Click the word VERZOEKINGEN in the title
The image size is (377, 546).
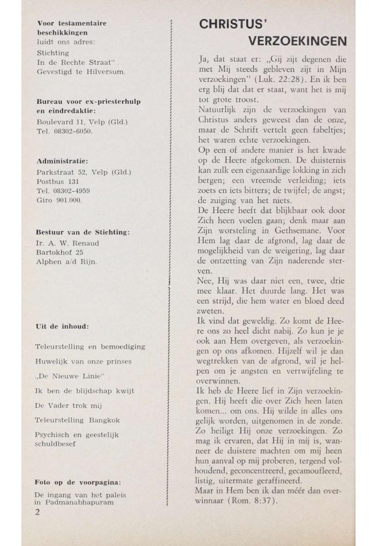297,41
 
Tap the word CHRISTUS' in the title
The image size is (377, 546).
233,24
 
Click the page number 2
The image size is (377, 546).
37,513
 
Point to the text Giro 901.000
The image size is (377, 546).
59,200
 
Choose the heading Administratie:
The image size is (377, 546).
62,162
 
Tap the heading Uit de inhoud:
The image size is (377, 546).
62,326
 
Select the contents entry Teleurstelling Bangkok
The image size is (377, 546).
78,420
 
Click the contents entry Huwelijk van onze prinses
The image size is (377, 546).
83,361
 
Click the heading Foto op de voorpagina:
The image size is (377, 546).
77,482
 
